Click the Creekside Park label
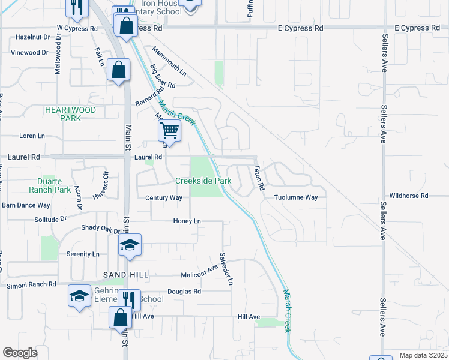pos(203,181)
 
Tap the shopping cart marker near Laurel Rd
pos(170,130)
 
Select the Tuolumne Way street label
pos(295,197)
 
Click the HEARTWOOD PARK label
pos(70,114)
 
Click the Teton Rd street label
pos(259,178)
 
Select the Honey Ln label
pos(187,221)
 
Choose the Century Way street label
pos(163,197)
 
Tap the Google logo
pos(20,352)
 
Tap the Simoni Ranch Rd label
pos(31,285)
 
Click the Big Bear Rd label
pos(162,76)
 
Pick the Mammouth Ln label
pos(169,62)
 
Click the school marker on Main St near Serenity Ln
pos(130,245)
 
